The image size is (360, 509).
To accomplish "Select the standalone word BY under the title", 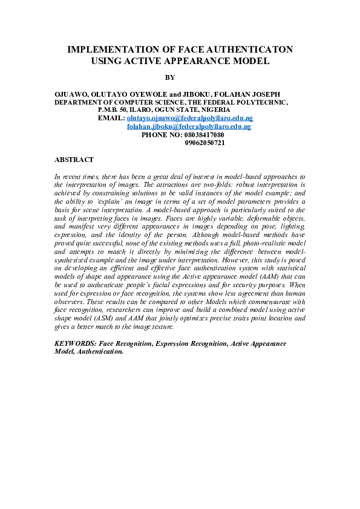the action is click(169, 77).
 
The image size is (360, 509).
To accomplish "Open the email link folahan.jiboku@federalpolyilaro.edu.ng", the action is click(189, 127).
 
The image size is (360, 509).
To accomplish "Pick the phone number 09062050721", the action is click(205, 143).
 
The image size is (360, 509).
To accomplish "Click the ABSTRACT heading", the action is click(74, 160).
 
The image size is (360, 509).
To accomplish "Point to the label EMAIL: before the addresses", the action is click(111, 118).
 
